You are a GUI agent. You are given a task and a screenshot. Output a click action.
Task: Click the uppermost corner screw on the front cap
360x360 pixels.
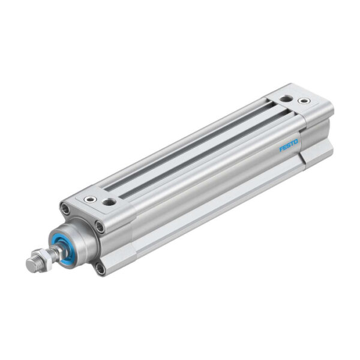(x=64, y=208)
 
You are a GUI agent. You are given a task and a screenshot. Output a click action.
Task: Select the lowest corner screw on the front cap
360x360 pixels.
(x=100, y=269)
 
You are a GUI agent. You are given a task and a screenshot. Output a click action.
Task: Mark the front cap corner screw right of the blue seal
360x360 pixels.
(x=100, y=226)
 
